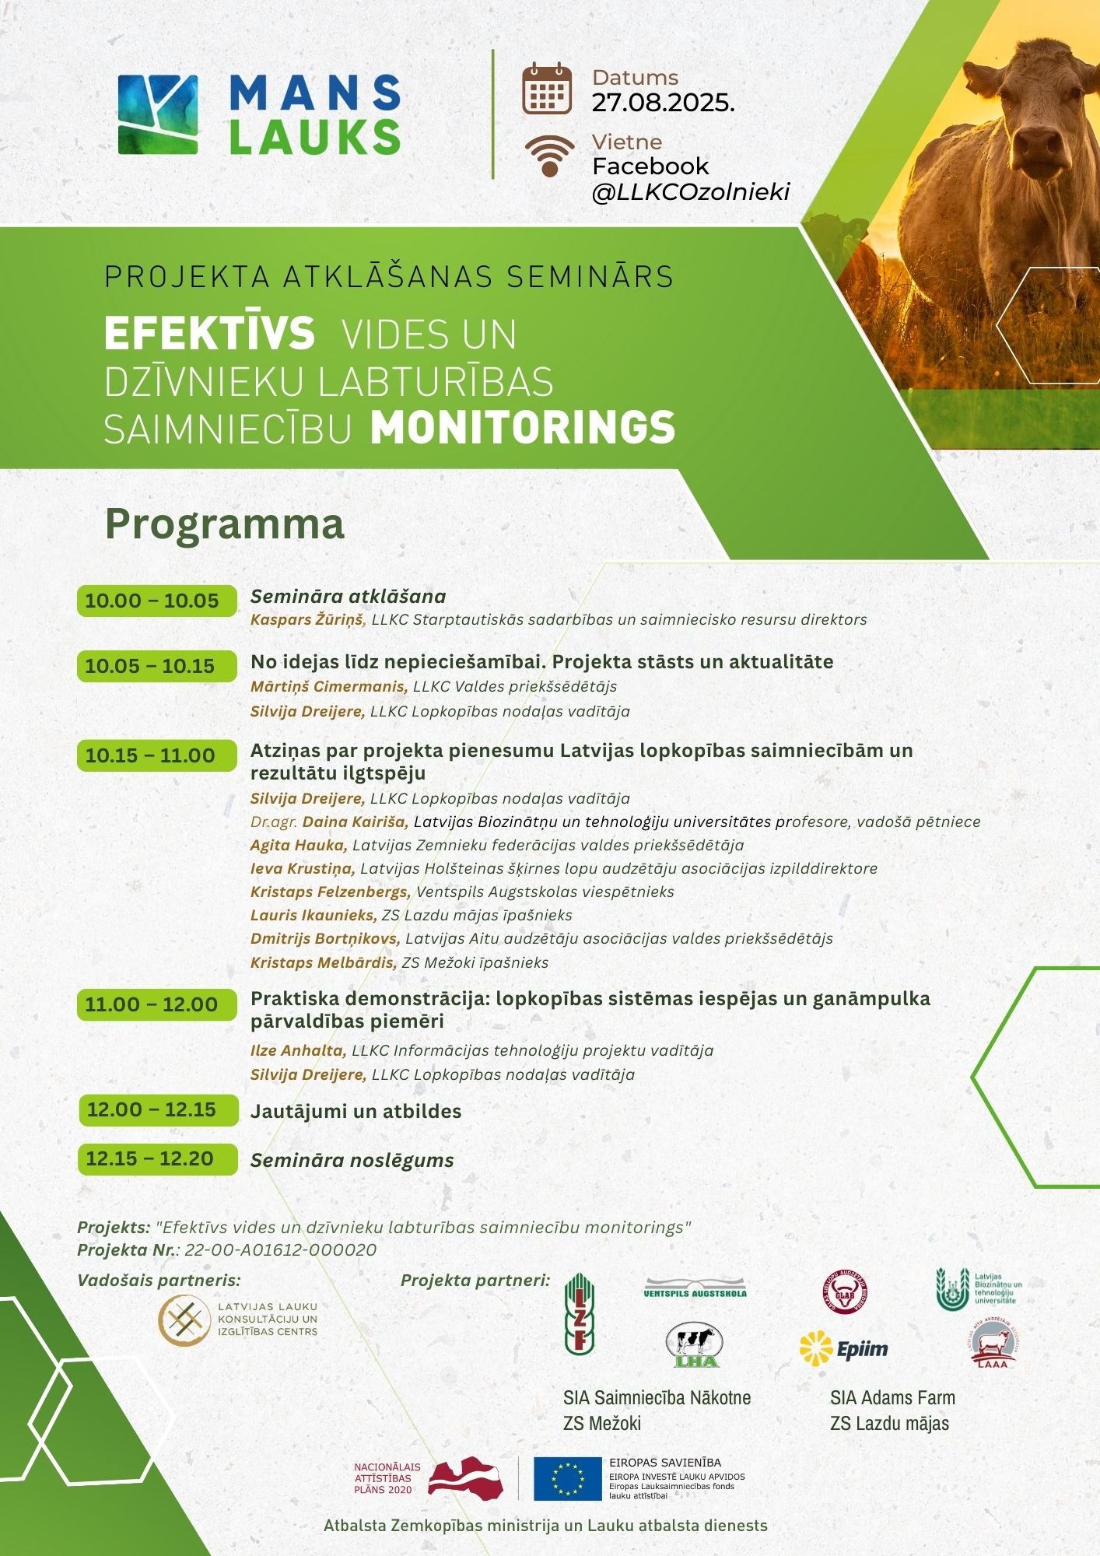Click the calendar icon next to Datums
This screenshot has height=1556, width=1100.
coord(546,89)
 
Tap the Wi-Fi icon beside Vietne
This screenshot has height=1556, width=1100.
coord(548,155)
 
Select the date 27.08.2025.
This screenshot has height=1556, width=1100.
coord(663,103)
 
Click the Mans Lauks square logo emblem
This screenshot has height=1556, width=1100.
coord(158,114)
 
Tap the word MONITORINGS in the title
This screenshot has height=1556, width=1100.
coord(522,427)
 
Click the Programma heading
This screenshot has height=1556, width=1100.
coord(224,524)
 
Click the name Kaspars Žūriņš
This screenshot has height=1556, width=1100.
coord(307,620)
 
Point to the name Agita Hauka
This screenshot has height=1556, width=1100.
coord(298,845)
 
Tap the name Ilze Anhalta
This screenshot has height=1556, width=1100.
coord(297,1050)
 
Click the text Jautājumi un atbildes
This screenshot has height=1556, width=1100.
coord(356,1111)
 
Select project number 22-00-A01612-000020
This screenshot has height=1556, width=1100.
coord(280,1250)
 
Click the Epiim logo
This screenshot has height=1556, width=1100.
coord(844,1350)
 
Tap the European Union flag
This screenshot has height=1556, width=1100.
coord(567,1479)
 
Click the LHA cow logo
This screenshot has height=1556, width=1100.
coord(694,1345)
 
